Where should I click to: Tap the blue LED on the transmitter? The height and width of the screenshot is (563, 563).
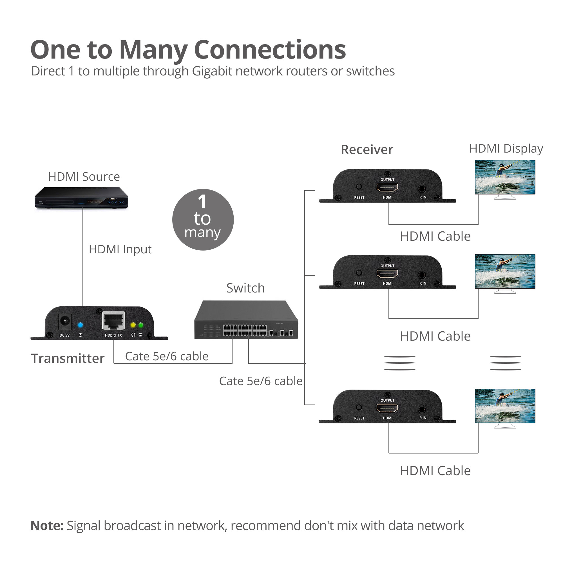pyautogui.click(x=80, y=325)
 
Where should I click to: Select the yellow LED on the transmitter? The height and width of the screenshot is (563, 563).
pyautogui.click(x=133, y=325)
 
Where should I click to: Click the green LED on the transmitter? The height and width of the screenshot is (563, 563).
pyautogui.click(x=141, y=325)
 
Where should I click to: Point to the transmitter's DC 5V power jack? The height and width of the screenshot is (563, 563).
pyautogui.click(x=65, y=322)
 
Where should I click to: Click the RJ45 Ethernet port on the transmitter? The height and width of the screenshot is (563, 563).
pyautogui.click(x=113, y=321)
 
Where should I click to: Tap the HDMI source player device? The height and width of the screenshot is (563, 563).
pyautogui.click(x=82, y=198)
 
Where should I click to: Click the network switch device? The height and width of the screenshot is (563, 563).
pyautogui.click(x=246, y=320)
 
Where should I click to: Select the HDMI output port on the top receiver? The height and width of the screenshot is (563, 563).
pyautogui.click(x=387, y=187)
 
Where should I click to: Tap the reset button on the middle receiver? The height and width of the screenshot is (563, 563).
pyautogui.click(x=359, y=273)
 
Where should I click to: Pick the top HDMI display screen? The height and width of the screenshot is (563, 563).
pyautogui.click(x=505, y=177)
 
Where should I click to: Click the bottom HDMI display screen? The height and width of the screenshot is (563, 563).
pyautogui.click(x=505, y=406)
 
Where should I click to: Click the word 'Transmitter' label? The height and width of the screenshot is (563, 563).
pyautogui.click(x=68, y=358)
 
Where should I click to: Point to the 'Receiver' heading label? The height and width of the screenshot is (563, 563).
pyautogui.click(x=367, y=149)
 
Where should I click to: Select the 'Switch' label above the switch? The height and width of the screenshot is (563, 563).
pyautogui.click(x=245, y=288)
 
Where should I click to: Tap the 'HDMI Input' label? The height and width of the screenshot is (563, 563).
pyautogui.click(x=120, y=249)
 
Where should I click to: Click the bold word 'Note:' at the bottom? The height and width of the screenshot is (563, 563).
pyautogui.click(x=47, y=526)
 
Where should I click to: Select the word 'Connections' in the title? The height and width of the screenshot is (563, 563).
pyautogui.click(x=270, y=50)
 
